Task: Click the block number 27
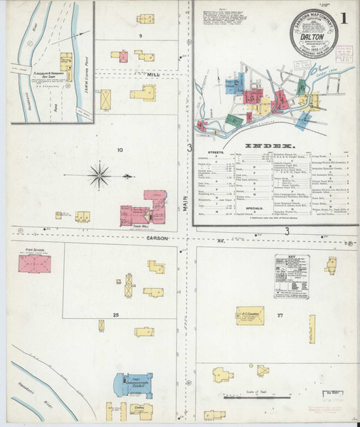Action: pyautogui.click(x=280, y=314)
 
